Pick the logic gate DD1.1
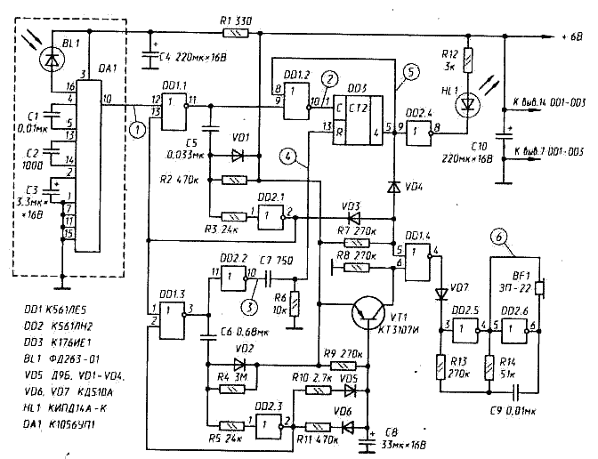tap(174, 106)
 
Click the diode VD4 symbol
tap(393, 188)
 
